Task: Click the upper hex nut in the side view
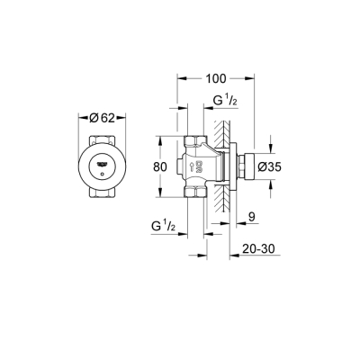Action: coord(195,141)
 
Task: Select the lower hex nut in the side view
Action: coord(195,191)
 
